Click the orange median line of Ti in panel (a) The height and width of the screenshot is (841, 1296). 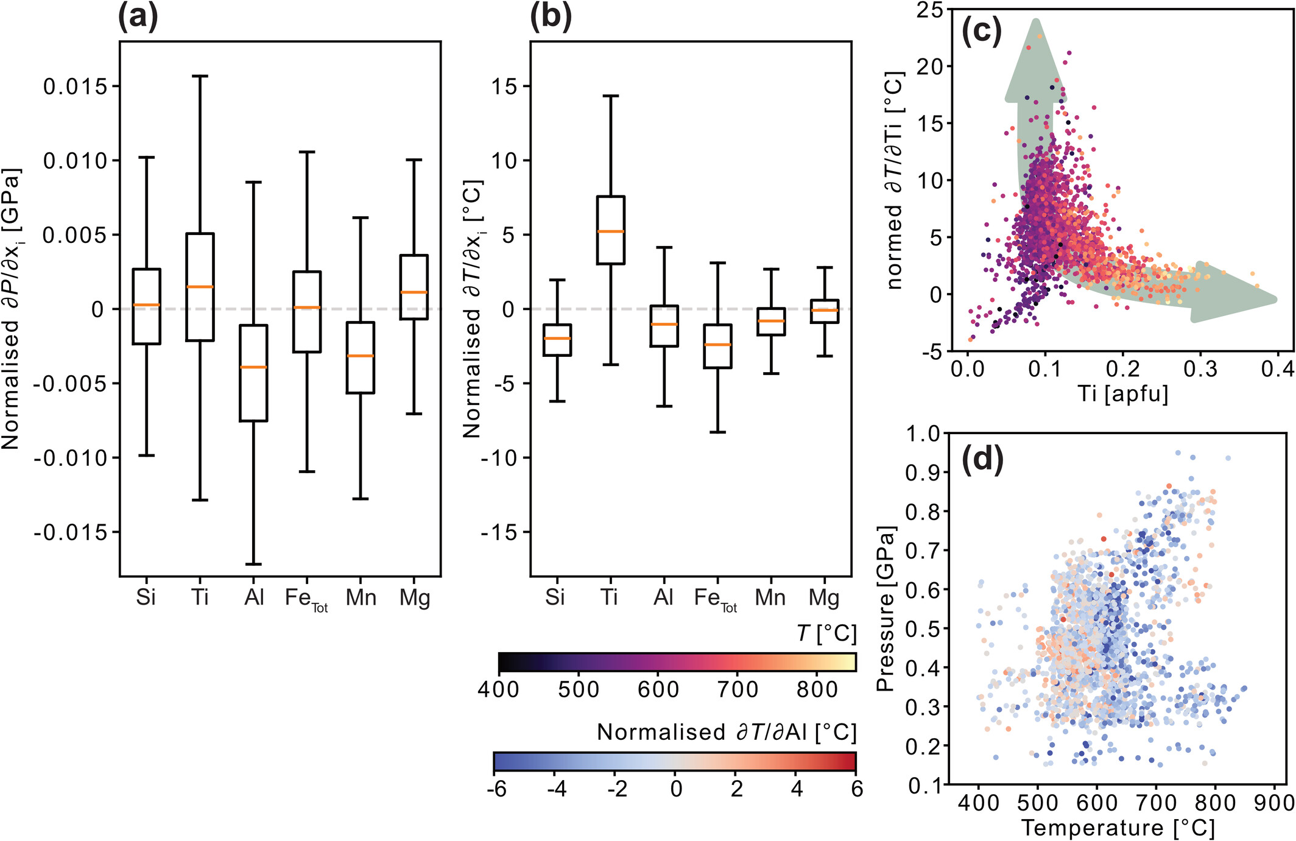click(200, 287)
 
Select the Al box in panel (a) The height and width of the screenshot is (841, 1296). click(253, 373)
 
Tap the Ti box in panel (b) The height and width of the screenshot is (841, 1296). click(611, 230)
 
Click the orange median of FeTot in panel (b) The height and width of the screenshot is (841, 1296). click(718, 345)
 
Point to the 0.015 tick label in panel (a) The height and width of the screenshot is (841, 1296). click(75, 86)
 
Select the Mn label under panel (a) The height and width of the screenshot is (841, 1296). click(361, 598)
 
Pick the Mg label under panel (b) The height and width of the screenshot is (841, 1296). click(824, 598)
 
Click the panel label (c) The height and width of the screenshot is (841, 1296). click(981, 30)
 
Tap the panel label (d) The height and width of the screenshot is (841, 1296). click(982, 460)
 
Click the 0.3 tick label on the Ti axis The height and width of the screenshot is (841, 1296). click(1200, 369)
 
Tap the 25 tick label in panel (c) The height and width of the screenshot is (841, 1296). click(929, 10)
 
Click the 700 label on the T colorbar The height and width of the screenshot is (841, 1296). click(738, 689)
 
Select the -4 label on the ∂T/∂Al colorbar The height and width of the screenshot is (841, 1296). click(556, 789)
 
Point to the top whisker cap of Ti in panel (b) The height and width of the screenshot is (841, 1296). click(611, 96)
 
